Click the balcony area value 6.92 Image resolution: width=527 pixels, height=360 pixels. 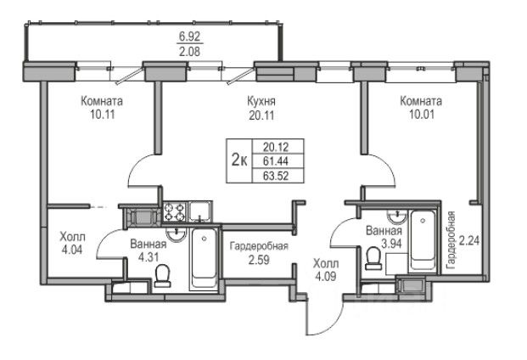click(x=190, y=37)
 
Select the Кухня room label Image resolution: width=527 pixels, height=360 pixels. click(x=261, y=102)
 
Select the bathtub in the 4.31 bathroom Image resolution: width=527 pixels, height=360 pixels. click(x=205, y=257)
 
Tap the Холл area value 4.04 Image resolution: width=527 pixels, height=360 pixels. click(x=71, y=250)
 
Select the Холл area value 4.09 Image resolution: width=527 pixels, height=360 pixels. click(x=323, y=275)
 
